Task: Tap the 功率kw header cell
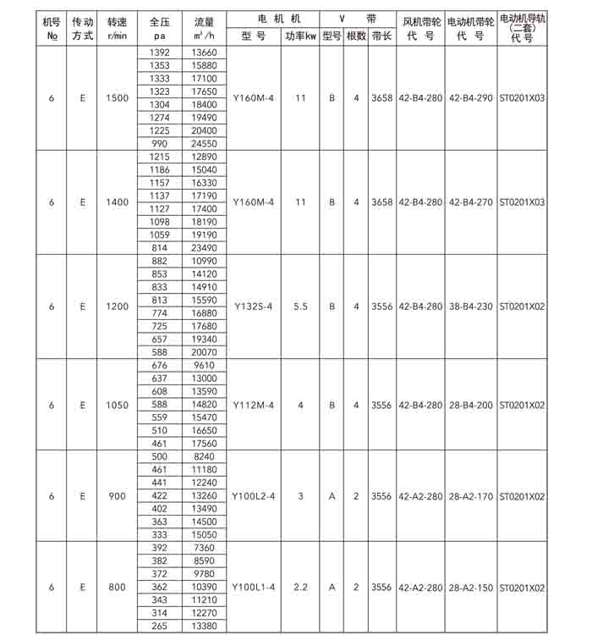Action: (x=300, y=36)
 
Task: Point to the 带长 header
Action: (x=381, y=36)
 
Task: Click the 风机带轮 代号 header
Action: (x=419, y=29)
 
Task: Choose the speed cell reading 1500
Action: (x=118, y=98)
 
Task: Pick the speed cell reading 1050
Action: (x=118, y=406)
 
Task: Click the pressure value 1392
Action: (x=159, y=52)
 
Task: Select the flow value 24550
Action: (x=204, y=143)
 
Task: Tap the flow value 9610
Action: (x=204, y=366)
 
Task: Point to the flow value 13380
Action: (x=204, y=627)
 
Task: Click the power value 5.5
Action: (x=300, y=306)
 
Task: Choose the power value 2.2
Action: (x=300, y=587)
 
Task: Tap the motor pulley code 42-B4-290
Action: (x=470, y=98)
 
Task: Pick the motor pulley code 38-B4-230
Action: (x=470, y=306)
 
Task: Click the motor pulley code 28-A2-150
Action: (x=470, y=587)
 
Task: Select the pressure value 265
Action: (x=159, y=627)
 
